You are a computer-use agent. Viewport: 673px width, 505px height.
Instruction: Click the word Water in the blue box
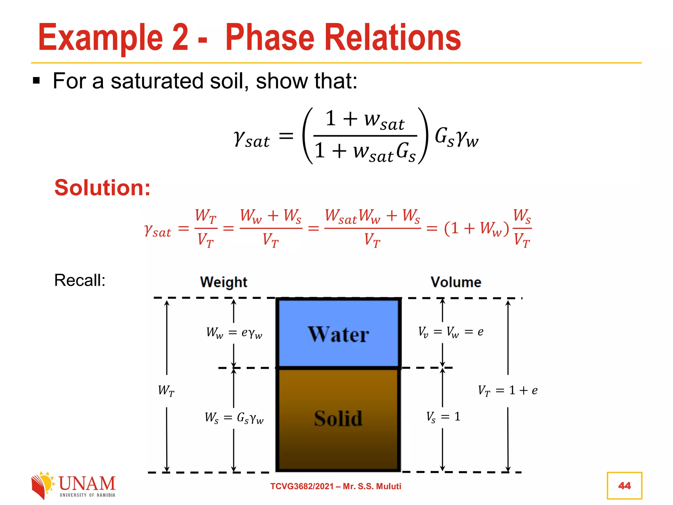pos(338,334)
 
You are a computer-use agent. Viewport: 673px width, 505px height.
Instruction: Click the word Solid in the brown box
pos(338,418)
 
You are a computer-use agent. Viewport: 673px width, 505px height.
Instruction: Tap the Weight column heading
pos(223,282)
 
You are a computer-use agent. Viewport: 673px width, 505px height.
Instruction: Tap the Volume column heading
pos(456,282)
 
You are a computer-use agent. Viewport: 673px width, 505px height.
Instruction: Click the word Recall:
pos(80,280)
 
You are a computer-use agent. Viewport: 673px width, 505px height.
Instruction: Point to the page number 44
pos(624,486)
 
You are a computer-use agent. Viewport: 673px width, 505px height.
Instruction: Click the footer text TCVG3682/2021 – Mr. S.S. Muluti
pos(336,486)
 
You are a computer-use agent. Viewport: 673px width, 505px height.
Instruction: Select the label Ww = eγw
pos(234,333)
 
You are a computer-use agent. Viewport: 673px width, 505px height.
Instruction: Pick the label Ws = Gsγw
pos(234,418)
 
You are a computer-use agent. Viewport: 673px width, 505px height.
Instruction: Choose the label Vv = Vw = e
pos(451,332)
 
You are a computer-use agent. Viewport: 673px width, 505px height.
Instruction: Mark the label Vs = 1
pos(443,417)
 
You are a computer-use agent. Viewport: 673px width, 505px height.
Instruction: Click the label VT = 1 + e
pos(507,391)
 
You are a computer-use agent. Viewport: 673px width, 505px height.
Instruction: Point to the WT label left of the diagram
pos(166,391)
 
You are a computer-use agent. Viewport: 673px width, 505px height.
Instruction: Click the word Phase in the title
pos(269,38)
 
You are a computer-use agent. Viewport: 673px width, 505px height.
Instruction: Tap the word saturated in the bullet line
pos(157,81)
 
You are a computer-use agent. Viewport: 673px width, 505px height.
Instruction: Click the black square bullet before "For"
pos(36,81)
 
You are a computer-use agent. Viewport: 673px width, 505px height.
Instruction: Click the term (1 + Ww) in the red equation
pos(476,228)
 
